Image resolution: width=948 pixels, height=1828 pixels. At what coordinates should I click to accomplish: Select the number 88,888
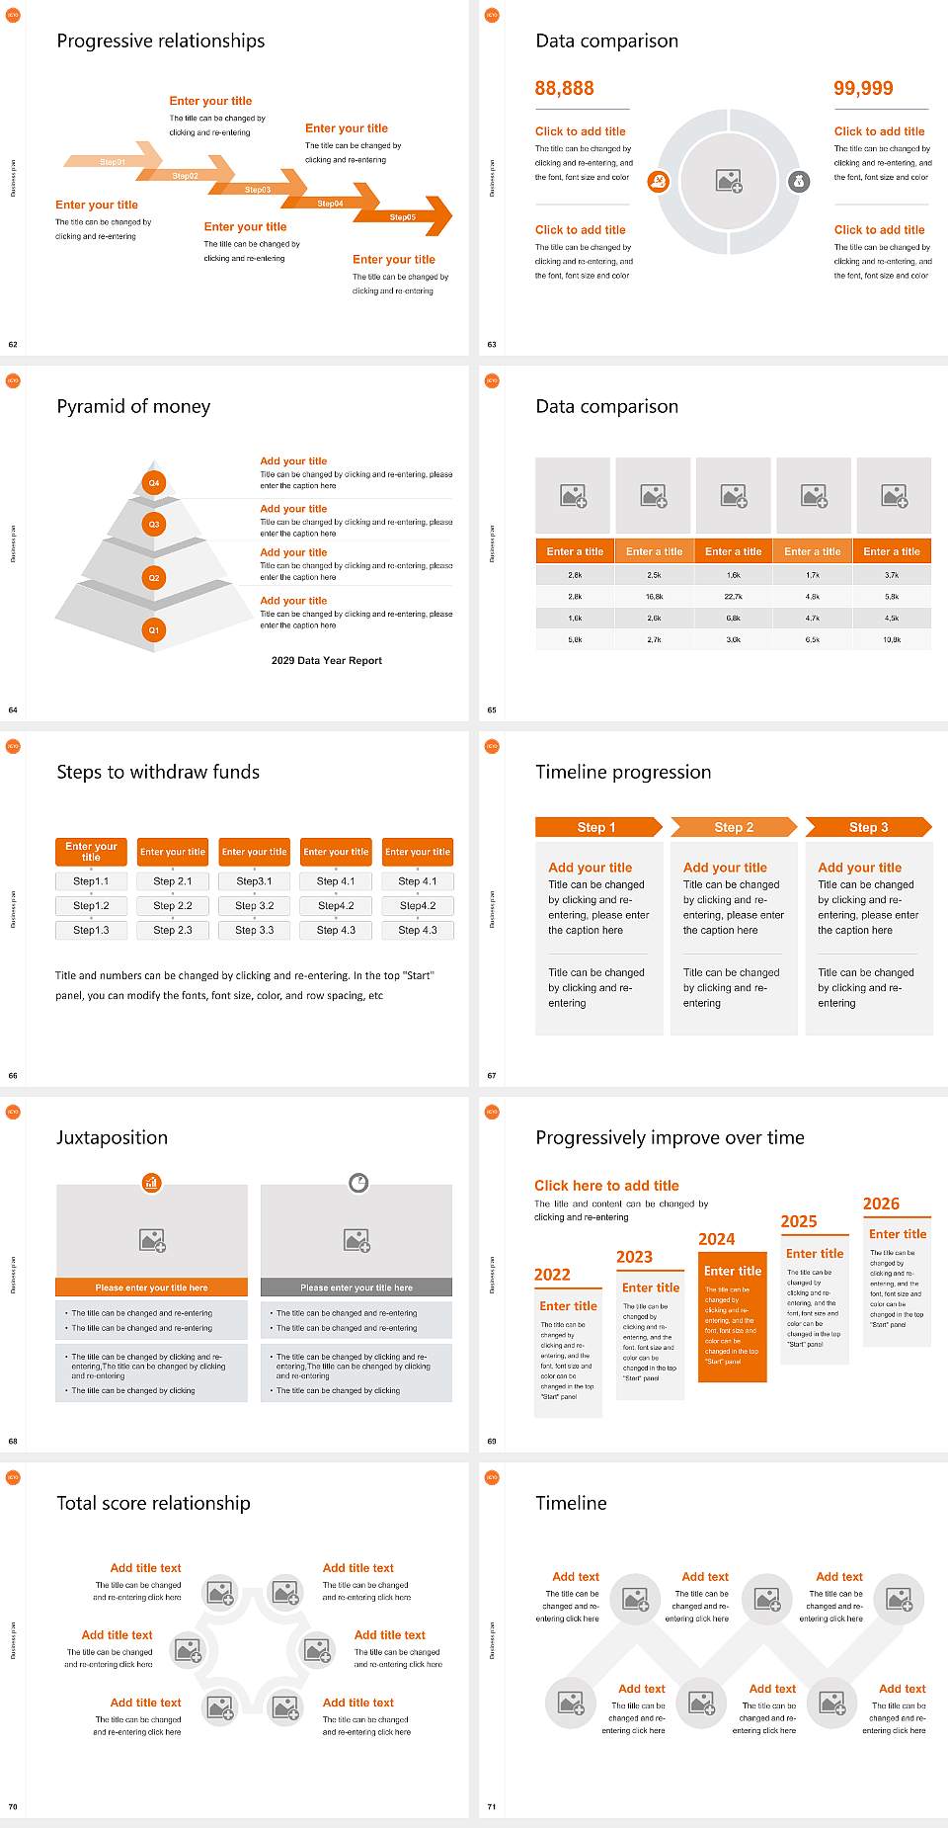tap(564, 89)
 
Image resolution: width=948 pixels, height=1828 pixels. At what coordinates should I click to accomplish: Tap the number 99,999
tap(863, 89)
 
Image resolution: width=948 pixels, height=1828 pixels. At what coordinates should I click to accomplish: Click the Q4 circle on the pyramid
tap(154, 483)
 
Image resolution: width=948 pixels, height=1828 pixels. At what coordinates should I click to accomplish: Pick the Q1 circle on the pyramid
tap(154, 629)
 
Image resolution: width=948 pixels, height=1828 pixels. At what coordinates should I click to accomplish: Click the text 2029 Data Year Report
tap(327, 661)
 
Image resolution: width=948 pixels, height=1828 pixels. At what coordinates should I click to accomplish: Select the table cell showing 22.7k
tap(733, 597)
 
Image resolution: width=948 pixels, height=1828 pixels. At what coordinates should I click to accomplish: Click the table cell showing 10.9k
tap(892, 640)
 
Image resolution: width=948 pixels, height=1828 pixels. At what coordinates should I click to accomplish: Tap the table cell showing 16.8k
tap(654, 597)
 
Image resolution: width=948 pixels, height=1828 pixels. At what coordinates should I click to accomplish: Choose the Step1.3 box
tap(91, 930)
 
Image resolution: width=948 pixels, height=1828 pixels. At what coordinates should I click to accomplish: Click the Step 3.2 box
tap(254, 905)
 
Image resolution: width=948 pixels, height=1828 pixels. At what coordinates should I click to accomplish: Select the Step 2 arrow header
tap(734, 827)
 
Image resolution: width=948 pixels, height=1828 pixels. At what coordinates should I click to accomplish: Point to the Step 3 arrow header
tap(868, 827)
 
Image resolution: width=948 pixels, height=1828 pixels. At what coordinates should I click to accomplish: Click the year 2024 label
tap(716, 1239)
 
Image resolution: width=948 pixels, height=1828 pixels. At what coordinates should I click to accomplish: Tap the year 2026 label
tap(881, 1204)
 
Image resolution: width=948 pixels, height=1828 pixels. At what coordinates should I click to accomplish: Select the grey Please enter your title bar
tap(356, 1288)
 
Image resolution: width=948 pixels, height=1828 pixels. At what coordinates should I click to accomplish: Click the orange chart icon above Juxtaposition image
tap(151, 1182)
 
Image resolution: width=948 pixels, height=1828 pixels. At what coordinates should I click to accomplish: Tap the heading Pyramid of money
tap(133, 406)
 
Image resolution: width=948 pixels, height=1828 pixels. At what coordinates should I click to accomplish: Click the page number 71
tap(492, 1806)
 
